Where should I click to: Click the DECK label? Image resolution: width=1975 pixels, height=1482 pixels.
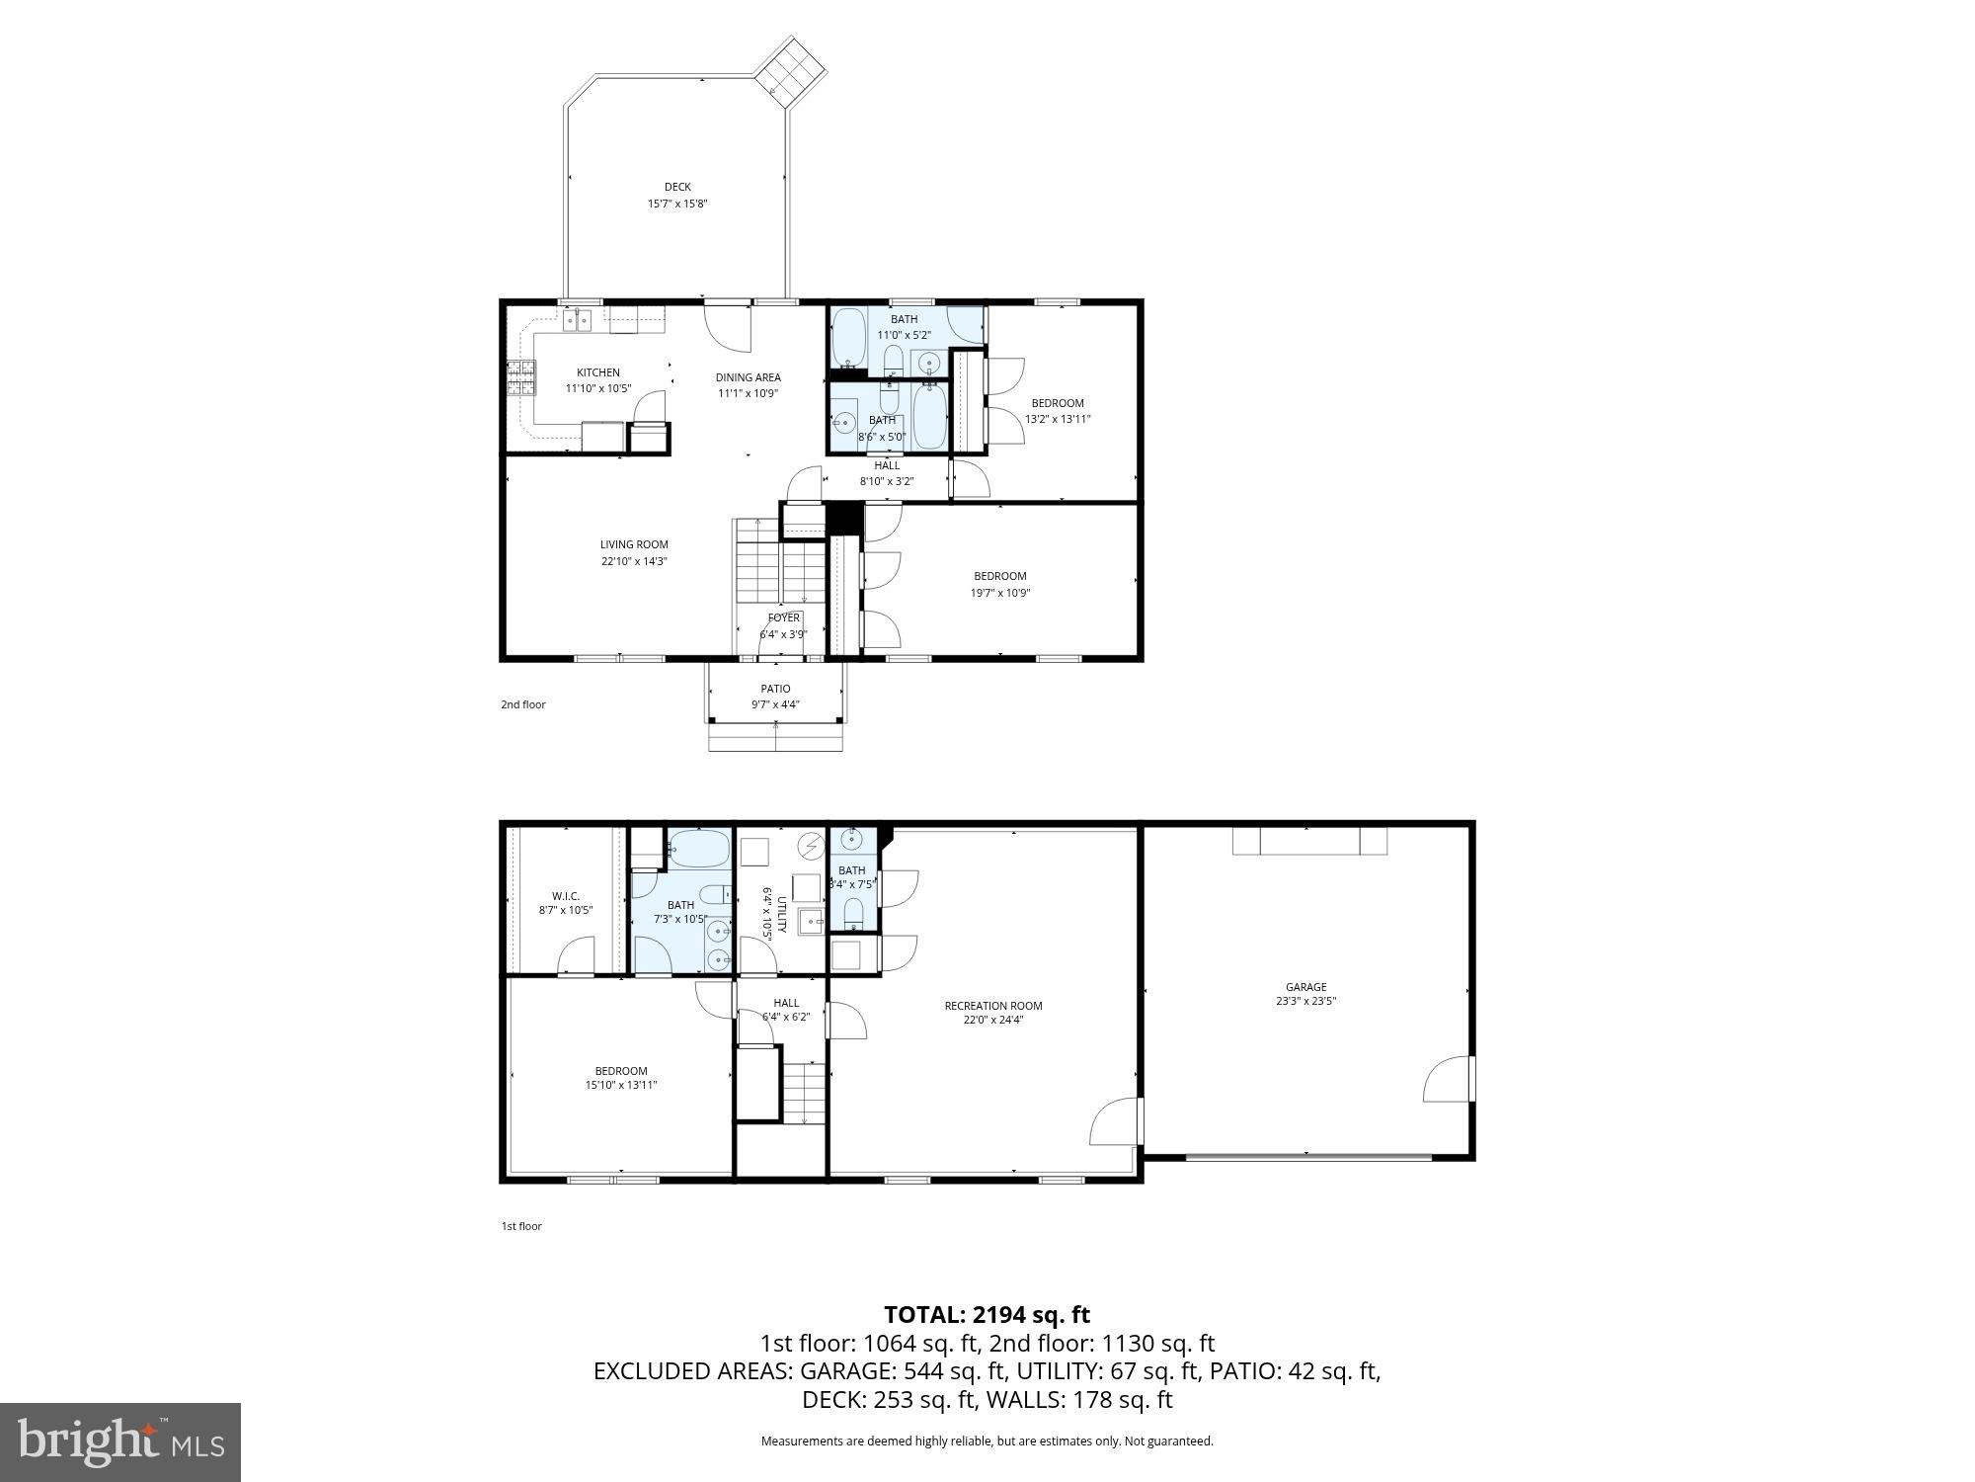click(677, 187)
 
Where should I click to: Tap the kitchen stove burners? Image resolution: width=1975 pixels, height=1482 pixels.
click(521, 377)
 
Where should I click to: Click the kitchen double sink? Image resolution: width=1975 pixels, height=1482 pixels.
click(578, 319)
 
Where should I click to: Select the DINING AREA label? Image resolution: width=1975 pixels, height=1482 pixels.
click(748, 377)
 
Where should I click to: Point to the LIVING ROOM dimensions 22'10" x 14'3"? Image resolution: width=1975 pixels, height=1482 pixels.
click(634, 561)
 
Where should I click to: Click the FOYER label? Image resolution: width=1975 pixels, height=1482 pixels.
click(783, 618)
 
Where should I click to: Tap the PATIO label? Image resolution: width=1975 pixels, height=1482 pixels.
click(775, 689)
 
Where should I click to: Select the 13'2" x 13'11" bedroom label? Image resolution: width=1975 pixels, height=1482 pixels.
click(1058, 403)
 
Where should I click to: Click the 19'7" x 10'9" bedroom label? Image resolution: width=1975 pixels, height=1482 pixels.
click(1000, 576)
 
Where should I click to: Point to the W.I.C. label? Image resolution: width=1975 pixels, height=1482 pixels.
click(566, 896)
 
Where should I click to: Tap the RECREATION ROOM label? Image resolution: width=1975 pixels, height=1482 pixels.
click(992, 1006)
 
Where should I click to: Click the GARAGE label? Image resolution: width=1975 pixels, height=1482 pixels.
click(1305, 987)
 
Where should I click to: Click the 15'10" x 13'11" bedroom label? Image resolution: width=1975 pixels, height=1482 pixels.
click(621, 1071)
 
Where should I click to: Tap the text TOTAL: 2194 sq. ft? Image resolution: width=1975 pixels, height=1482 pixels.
click(987, 1315)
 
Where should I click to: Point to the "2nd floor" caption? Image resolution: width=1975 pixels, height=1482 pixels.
click(522, 704)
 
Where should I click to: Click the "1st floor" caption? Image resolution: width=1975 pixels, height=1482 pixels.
click(521, 1226)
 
